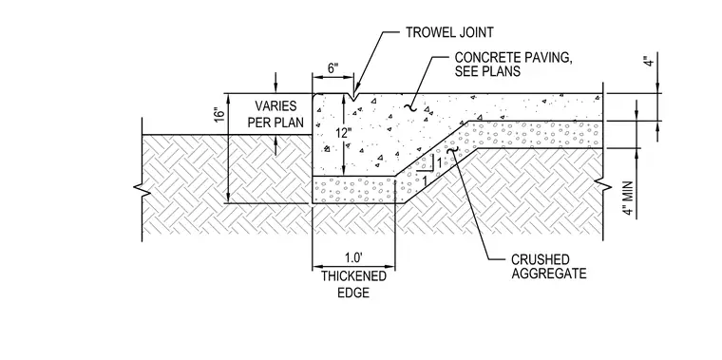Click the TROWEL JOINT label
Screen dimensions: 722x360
pos(449,32)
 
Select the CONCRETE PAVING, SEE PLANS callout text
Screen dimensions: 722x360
pos(513,65)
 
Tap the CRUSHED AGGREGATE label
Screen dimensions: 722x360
pos(549,267)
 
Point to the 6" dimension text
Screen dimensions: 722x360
pos(332,68)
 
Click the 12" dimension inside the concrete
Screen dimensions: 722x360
pos(343,134)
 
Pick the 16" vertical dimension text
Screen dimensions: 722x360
pos(220,115)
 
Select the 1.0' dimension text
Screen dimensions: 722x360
pos(353,256)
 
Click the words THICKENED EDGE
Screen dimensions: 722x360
pos(353,285)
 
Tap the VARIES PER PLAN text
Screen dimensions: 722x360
pos(275,115)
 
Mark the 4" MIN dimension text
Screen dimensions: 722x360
pos(628,198)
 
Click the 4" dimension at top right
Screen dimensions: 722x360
pos(649,61)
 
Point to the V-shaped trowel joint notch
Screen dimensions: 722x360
pos(352,98)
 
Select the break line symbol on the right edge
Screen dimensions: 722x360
pos(603,186)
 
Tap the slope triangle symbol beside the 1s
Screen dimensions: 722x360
pos(426,164)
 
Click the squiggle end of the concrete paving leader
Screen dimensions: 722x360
pos(409,107)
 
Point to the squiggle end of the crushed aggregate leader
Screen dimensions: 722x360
pos(452,150)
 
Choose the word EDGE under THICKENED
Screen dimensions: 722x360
pos(353,293)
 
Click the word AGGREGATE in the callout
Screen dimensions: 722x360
pos(549,274)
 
